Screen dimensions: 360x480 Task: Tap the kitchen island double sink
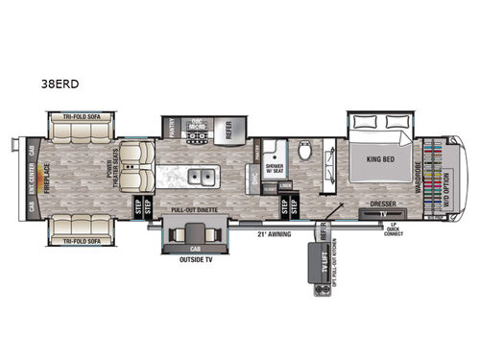click(x=202, y=177)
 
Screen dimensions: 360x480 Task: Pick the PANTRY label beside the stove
click(x=170, y=130)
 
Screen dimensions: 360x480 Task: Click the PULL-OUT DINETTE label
click(x=192, y=207)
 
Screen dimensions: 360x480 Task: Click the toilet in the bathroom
click(x=305, y=151)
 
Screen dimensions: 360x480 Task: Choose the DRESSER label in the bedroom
click(x=381, y=204)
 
